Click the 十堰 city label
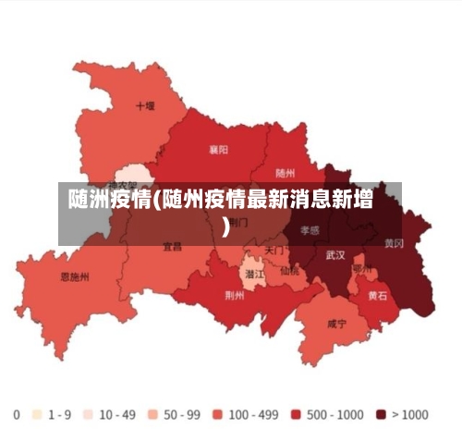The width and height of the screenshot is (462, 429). (145, 106)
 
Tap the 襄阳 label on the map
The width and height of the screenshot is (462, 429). (219, 149)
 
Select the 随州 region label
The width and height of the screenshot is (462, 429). (286, 173)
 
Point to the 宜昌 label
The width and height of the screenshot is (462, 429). (173, 247)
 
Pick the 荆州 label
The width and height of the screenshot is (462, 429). (235, 296)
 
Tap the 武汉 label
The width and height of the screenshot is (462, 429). (335, 254)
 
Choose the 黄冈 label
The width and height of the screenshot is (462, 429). (394, 244)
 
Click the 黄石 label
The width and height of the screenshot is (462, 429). (378, 297)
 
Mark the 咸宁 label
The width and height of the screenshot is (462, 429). (336, 325)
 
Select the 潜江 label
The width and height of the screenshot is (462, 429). (253, 275)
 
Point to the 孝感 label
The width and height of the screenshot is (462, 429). (309, 230)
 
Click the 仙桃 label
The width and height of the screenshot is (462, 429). (288, 271)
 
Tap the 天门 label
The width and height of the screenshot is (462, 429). (274, 251)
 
